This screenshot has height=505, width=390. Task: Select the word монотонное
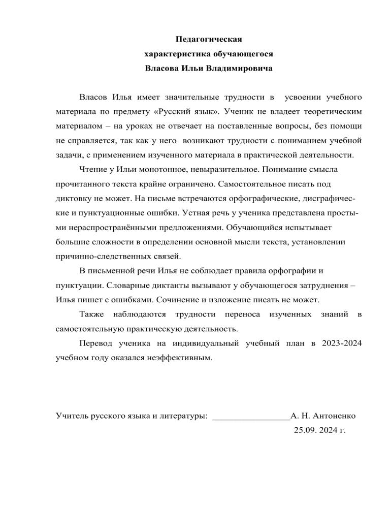[x=162, y=168]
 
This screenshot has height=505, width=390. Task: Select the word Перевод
[x=99, y=343]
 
